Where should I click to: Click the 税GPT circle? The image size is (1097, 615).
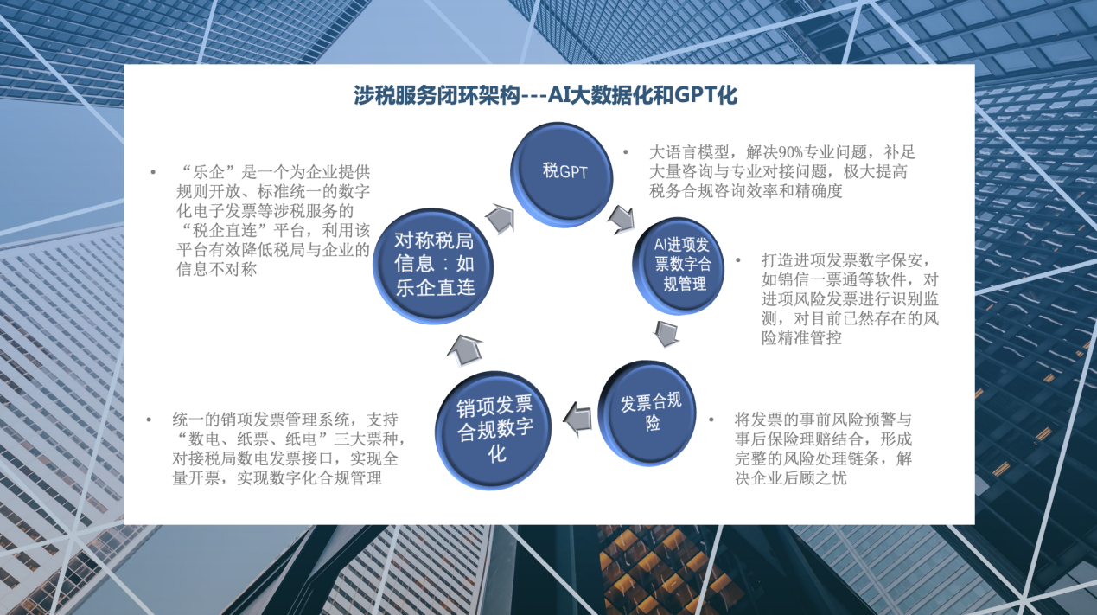(561, 174)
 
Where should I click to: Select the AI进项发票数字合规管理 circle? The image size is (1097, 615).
(679, 265)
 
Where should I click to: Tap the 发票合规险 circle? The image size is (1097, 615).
(647, 413)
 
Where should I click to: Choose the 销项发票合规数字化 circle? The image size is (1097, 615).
(493, 430)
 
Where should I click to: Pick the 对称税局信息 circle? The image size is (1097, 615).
(433, 266)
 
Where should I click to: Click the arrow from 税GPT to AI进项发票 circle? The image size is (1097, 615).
(621, 219)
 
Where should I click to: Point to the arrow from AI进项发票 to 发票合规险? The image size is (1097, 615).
(666, 334)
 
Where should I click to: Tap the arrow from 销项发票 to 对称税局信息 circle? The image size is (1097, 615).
(465, 350)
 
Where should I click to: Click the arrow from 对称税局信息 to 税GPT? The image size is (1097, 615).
(501, 219)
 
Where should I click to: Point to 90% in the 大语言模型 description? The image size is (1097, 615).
(790, 152)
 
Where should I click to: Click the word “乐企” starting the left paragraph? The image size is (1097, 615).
(209, 172)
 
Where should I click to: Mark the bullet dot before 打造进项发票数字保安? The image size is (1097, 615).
(738, 260)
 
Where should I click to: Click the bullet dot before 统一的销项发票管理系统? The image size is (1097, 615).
(149, 420)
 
